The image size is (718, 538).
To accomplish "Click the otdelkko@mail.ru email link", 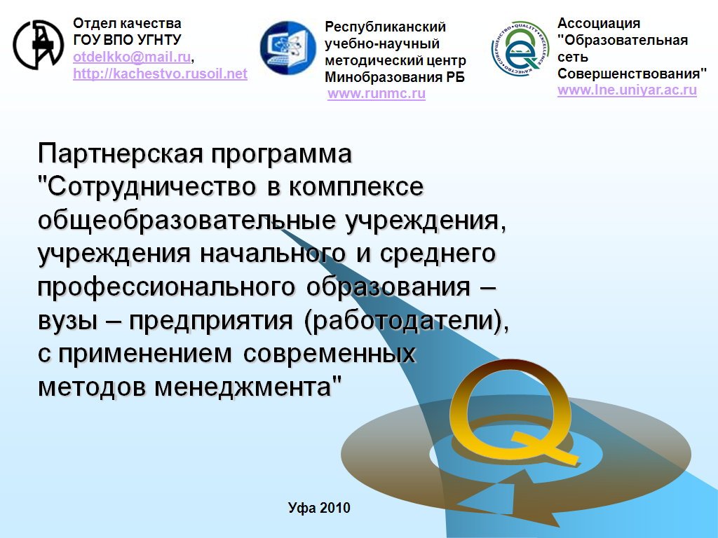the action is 132,57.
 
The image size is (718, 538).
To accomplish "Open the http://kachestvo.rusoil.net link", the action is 161,74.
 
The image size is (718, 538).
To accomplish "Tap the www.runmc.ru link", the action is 377,93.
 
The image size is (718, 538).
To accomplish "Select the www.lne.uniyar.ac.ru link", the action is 627,90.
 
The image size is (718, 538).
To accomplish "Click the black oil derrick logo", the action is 39,45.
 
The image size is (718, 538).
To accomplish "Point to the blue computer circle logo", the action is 288,48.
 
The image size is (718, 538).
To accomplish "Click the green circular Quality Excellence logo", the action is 520,48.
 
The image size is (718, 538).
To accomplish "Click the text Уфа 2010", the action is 319,507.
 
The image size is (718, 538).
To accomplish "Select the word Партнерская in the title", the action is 121,153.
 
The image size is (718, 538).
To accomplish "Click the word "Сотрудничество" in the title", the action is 147,187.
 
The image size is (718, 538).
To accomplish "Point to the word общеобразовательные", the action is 187,221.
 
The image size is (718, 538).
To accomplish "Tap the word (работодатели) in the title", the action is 406,321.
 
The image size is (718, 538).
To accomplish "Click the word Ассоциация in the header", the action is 599,23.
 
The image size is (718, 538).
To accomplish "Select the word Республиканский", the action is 385,27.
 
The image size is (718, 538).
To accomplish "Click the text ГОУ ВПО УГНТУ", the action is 128,40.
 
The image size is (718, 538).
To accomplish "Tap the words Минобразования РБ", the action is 395,77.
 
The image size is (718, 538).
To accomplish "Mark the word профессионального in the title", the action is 166,287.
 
